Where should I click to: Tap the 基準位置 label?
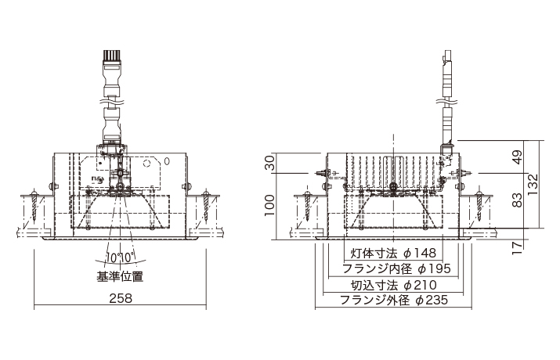pyautogui.click(x=121, y=275)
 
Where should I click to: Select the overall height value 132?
pyautogui.click(x=533, y=184)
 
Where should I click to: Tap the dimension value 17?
pyautogui.click(x=516, y=247)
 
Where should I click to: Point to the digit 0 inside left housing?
pyautogui.click(x=166, y=161)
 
